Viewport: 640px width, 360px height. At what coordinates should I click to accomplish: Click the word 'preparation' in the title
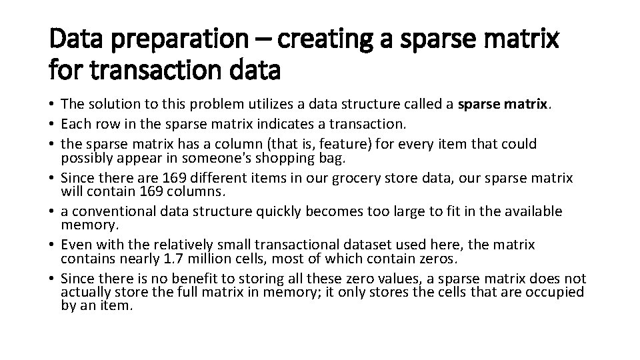(175, 41)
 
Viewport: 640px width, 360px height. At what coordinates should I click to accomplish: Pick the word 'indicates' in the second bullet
(289, 124)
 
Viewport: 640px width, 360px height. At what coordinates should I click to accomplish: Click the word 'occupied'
(551, 292)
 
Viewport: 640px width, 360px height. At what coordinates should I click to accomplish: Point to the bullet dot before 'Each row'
(52, 124)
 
